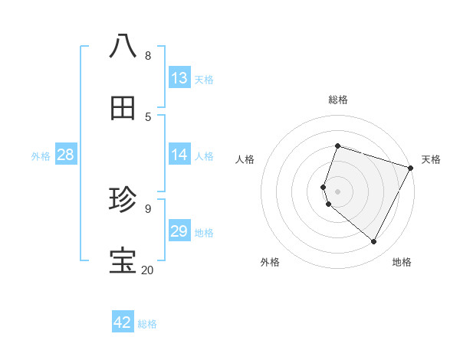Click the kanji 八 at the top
click(x=123, y=46)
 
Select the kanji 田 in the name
click(x=123, y=108)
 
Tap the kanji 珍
click(x=123, y=200)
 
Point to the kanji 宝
click(x=123, y=261)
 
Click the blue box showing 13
click(x=179, y=77)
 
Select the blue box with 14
click(x=179, y=155)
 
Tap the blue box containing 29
click(x=179, y=231)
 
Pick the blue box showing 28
click(x=66, y=155)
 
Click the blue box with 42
click(x=123, y=322)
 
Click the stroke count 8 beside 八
click(x=148, y=55)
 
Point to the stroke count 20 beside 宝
click(x=147, y=270)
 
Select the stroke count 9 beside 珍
click(x=148, y=208)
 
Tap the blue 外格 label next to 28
click(x=41, y=155)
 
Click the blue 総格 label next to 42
click(x=147, y=323)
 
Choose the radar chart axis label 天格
click(x=431, y=159)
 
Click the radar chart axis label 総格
click(x=338, y=100)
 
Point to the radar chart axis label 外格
click(x=270, y=262)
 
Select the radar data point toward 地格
click(x=373, y=242)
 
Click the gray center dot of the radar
click(x=337, y=191)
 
